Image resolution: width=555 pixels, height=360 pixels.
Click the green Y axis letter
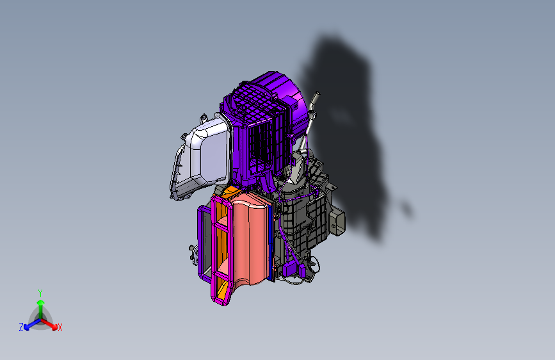pos(40,292)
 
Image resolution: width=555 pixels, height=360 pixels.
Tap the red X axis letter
pos(60,327)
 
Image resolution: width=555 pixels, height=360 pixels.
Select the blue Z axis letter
pos(21,327)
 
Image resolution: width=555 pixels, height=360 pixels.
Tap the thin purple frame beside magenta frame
pos(200,243)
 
